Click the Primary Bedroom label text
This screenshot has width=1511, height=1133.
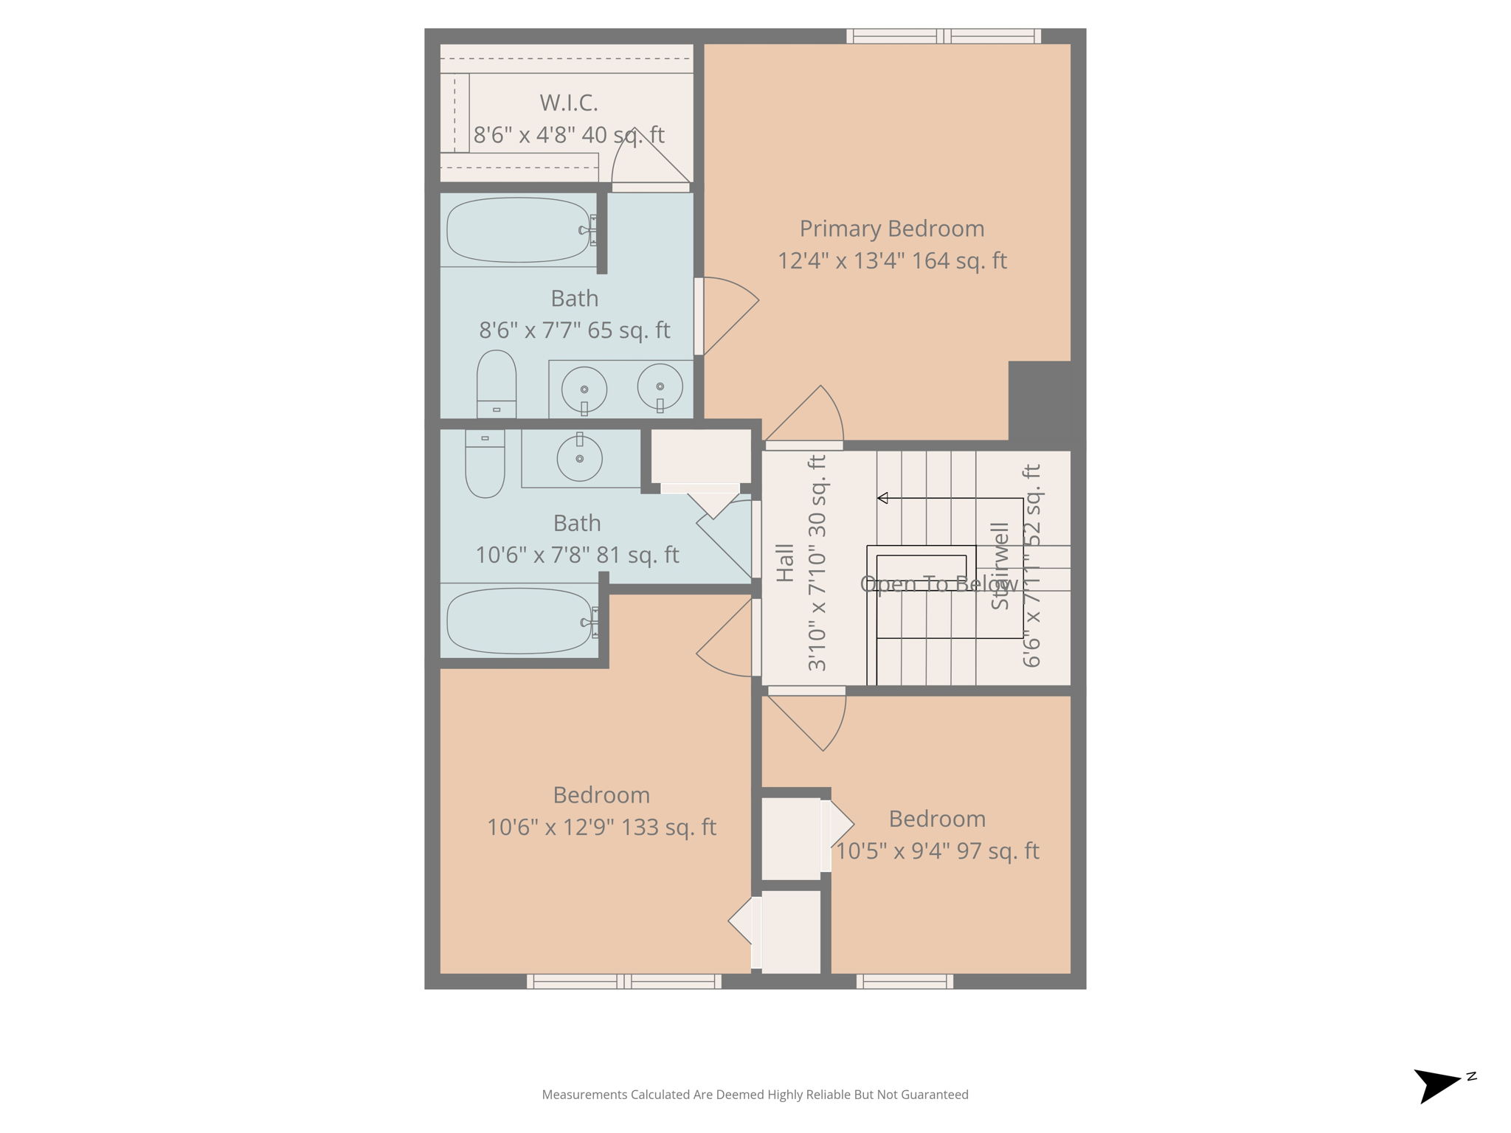point(891,229)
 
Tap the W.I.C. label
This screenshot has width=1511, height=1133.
point(568,103)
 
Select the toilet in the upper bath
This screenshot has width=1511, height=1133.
point(497,384)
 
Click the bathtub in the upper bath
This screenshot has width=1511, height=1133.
point(518,230)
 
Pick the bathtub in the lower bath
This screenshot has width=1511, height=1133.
point(519,621)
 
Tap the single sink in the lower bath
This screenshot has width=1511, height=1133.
point(580,459)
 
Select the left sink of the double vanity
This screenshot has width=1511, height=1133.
point(584,389)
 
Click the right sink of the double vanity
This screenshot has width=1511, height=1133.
point(660,387)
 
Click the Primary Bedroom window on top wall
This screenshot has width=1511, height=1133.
point(943,36)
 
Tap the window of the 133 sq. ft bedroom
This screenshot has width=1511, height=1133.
point(624,981)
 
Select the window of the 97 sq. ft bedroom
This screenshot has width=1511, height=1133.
point(905,981)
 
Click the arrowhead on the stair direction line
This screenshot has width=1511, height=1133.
point(882,498)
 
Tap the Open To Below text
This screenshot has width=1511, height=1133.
point(938,584)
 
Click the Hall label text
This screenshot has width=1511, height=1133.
point(785,564)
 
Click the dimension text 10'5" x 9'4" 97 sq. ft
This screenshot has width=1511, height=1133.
point(937,851)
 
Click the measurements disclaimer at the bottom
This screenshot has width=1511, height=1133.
point(755,1095)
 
